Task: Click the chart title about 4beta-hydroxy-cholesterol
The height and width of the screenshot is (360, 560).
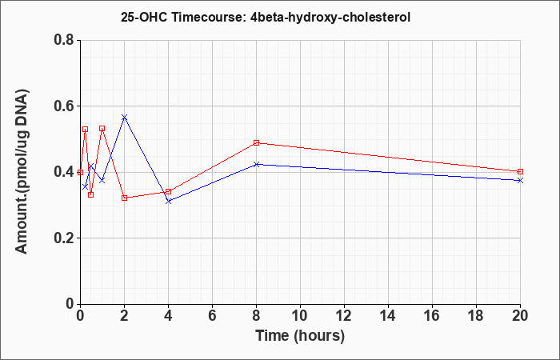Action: tap(266, 17)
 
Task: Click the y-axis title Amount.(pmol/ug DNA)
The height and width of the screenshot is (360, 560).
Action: tap(22, 172)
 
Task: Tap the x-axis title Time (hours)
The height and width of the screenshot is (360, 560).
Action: tap(300, 337)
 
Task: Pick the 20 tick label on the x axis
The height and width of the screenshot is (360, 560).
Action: tap(520, 316)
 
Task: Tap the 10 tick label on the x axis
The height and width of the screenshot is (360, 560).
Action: tap(300, 316)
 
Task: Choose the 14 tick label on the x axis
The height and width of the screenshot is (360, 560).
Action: tap(388, 316)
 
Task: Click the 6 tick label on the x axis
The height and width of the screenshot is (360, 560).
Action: tap(212, 316)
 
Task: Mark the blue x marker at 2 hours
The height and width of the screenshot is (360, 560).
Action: tap(124, 117)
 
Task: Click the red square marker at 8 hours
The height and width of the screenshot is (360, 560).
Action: tap(257, 143)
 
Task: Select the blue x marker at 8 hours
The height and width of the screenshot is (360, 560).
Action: tap(257, 164)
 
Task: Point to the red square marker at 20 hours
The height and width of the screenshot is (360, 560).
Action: tap(520, 171)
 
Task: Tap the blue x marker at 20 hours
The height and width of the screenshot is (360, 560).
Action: tap(520, 180)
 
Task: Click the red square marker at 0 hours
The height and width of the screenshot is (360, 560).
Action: tap(80, 172)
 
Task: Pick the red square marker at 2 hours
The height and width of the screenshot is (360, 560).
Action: tap(124, 198)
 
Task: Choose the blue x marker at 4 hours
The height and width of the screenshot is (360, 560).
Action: tap(169, 201)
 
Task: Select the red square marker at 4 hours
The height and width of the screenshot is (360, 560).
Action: tap(169, 191)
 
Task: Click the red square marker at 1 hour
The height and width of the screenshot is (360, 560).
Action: tap(102, 128)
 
